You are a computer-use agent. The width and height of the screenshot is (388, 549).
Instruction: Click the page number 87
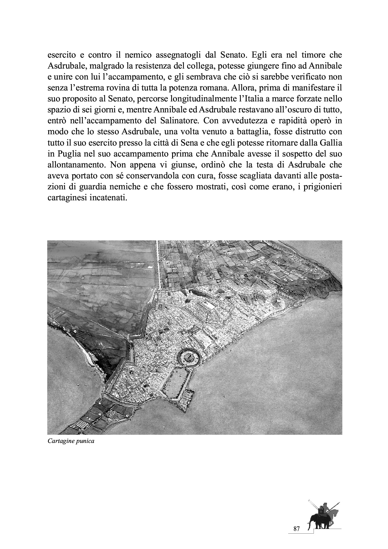coord(297,529)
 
